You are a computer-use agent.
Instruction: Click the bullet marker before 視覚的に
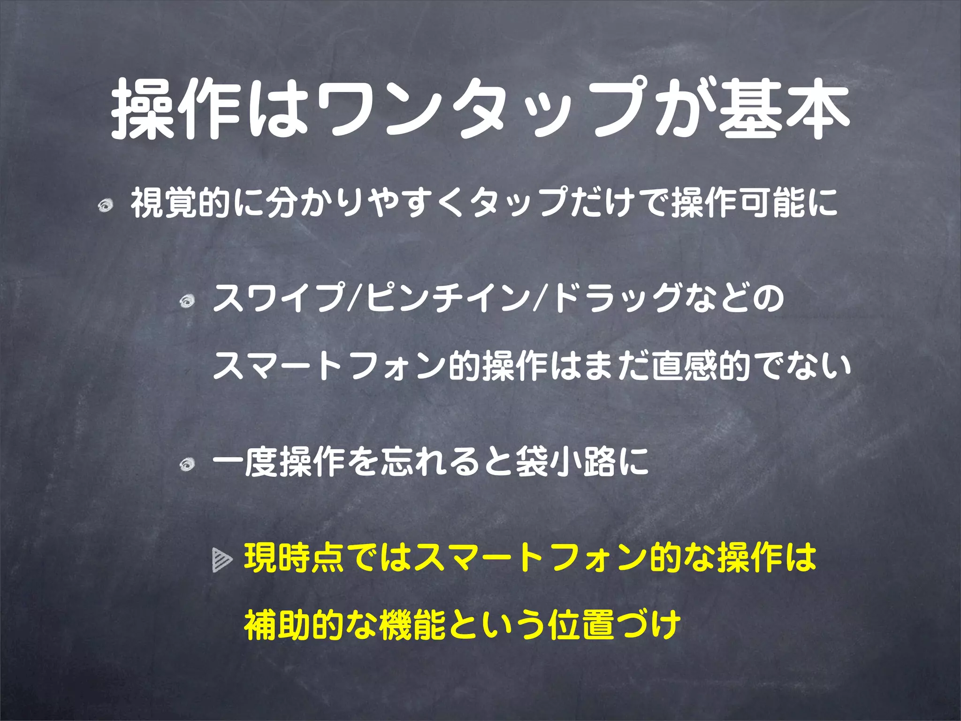point(106,205)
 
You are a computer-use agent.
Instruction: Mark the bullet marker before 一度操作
point(188,464)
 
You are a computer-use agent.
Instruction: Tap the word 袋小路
point(565,461)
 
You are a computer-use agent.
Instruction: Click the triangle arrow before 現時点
point(222,560)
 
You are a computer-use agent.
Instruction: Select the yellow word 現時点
point(296,558)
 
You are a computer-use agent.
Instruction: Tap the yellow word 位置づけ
point(615,625)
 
